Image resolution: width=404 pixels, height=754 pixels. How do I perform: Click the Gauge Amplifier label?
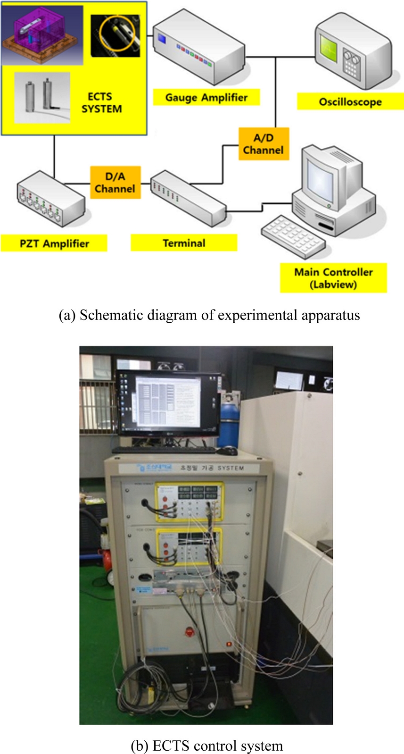tap(206, 98)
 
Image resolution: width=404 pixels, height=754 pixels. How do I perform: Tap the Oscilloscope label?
tap(350, 102)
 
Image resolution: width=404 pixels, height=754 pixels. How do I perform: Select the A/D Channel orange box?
tap(263, 144)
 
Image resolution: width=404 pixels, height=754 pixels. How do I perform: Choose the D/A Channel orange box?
tap(115, 183)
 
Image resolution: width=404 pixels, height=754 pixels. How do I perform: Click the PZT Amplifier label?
tap(54, 243)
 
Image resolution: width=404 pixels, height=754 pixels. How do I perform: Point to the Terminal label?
tap(184, 243)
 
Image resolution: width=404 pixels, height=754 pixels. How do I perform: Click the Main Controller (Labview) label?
tap(333, 278)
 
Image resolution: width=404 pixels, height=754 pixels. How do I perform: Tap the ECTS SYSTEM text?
tap(101, 103)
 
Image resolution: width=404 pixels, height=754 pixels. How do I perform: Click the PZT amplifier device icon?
tap(50, 199)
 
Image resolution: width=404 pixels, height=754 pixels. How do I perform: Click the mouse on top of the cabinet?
tap(228, 450)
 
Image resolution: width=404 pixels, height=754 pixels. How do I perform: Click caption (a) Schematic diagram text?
tap(209, 315)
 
